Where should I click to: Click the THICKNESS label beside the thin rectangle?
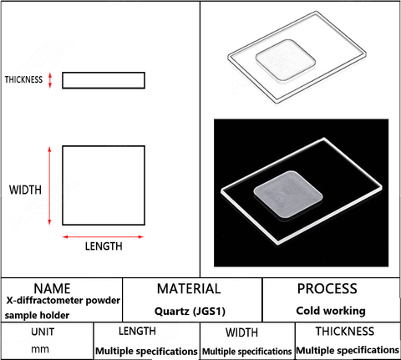tap(23, 79)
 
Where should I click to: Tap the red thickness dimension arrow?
tap(50, 80)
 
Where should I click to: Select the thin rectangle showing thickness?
tap(104, 80)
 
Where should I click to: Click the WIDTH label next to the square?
tap(25, 190)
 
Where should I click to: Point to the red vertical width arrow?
tap(49, 185)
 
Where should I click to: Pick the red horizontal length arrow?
tap(103, 237)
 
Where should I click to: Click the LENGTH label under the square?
tap(104, 246)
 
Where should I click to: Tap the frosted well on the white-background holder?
tap(286, 60)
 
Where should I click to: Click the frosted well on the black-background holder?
tap(288, 195)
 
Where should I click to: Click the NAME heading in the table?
tap(52, 289)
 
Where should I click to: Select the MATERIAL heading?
tap(189, 289)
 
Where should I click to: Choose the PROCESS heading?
tap(327, 289)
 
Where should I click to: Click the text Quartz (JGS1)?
tap(190, 311)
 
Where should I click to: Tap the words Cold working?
tap(331, 311)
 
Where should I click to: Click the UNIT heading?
tap(43, 332)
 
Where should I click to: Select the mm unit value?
tap(40, 349)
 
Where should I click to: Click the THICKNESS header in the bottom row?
tap(345, 332)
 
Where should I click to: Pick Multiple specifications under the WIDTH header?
tap(247, 352)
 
